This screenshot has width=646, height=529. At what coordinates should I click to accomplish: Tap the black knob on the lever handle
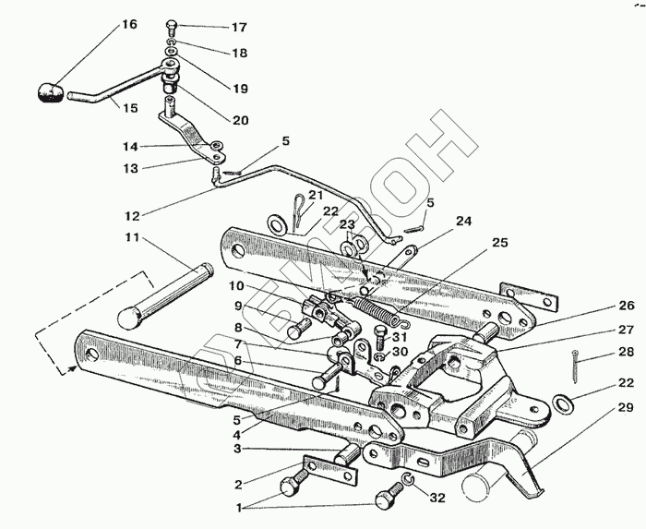click(51, 92)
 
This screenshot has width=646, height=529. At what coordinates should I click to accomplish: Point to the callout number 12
click(132, 216)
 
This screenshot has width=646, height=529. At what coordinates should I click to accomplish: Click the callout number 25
click(499, 244)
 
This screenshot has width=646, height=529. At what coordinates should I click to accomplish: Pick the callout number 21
click(316, 195)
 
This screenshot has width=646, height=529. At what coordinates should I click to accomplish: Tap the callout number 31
click(399, 338)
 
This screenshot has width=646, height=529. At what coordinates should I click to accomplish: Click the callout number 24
click(462, 222)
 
